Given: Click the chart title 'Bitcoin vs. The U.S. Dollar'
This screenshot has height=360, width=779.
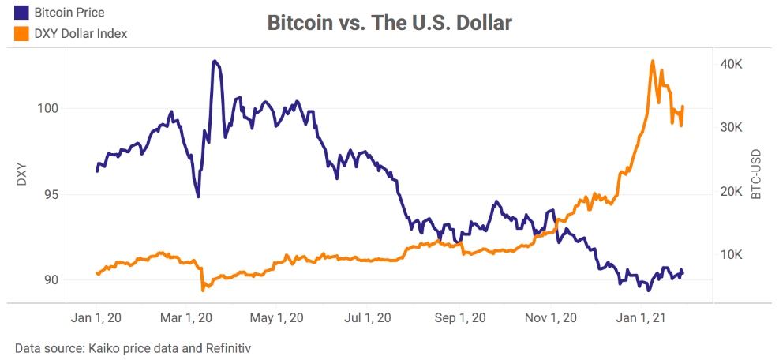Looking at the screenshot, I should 389,23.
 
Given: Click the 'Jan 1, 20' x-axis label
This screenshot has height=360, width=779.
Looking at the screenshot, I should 97,318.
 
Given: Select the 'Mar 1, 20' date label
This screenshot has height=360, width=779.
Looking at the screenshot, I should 188,318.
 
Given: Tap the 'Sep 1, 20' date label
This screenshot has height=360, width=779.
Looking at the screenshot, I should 463,318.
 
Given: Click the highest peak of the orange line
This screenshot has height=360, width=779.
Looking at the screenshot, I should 653,61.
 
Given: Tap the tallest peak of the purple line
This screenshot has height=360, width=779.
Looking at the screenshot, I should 214,60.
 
